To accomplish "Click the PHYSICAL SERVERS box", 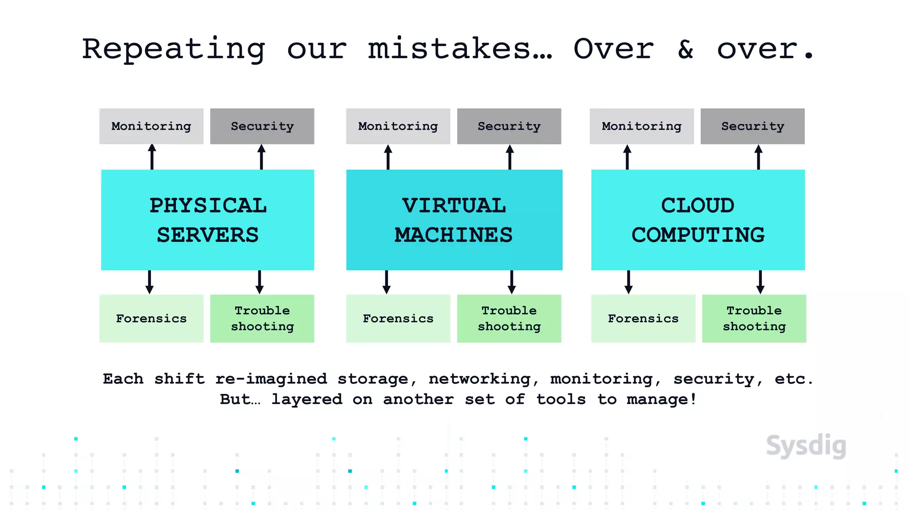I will point(207,220).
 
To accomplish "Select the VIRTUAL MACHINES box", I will point(454,220).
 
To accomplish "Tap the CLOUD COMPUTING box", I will point(698,220).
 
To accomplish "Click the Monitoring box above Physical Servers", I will point(151,126).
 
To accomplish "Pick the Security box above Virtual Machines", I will point(509,126).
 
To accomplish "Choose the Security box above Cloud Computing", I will point(752,126).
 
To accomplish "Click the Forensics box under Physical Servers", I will point(151,318).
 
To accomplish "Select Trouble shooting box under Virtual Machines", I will point(509,318).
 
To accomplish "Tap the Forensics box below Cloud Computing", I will point(643,318).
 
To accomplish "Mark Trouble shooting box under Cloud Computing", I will point(754,318).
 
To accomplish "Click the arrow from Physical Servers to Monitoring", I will point(152,157).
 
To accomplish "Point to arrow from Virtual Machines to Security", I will point(510,157).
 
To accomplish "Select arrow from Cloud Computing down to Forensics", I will point(628,282).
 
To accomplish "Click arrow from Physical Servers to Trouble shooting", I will point(260,282).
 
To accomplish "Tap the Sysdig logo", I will point(806,446).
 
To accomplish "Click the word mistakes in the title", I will point(460,49).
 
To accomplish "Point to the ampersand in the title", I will point(686,49).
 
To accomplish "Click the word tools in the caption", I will point(561,399).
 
